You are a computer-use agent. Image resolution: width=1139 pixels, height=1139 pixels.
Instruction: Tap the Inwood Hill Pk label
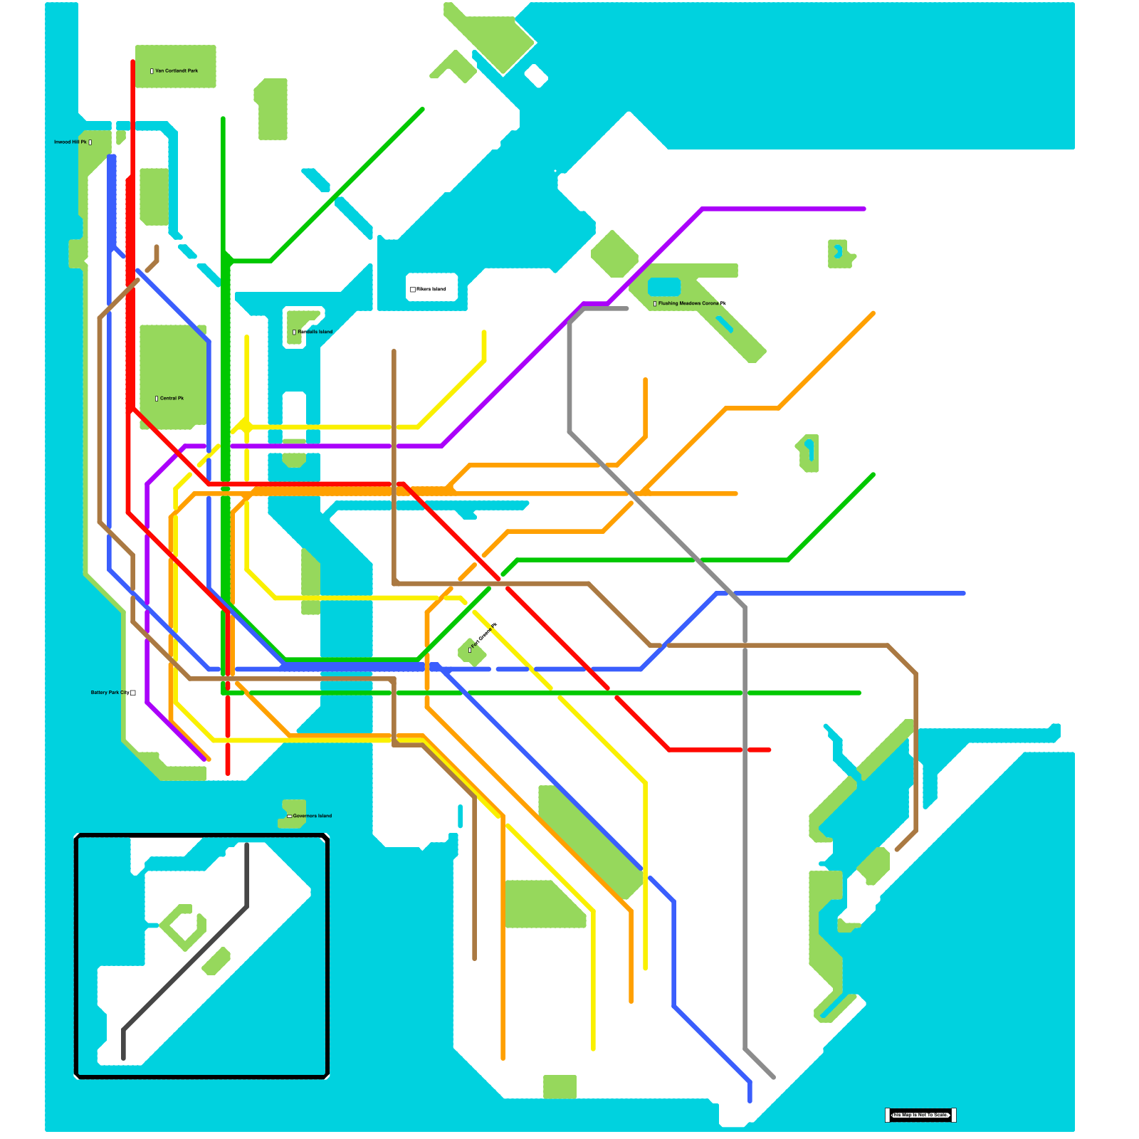[x=70, y=142]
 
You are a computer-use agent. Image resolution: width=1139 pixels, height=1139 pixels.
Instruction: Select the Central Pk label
[x=172, y=399]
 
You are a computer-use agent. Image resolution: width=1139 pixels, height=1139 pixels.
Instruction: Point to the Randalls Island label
[x=315, y=332]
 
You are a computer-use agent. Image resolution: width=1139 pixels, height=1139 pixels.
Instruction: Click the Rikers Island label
[x=431, y=290]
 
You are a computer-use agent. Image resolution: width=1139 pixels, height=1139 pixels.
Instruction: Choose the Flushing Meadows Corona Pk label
[x=691, y=304]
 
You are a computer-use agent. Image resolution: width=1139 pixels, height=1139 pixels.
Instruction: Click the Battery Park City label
[x=110, y=693]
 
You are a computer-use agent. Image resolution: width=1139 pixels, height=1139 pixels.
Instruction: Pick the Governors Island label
[x=312, y=816]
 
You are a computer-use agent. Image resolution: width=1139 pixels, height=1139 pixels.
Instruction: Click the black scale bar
[x=920, y=1115]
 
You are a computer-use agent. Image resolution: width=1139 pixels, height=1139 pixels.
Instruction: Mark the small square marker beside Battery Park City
[x=133, y=693]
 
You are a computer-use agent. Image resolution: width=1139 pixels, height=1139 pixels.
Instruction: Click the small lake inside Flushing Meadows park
[x=664, y=287]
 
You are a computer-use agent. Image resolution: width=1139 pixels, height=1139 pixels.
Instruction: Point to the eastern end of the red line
[x=770, y=750]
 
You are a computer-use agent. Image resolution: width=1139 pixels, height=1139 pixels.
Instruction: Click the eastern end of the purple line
[x=864, y=209]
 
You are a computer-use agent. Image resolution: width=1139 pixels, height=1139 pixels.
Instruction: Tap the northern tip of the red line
[x=133, y=62]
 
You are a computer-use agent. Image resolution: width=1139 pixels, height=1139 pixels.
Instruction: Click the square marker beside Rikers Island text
[x=413, y=290]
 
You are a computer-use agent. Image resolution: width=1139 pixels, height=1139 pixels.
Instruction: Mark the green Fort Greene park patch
[x=471, y=652]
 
